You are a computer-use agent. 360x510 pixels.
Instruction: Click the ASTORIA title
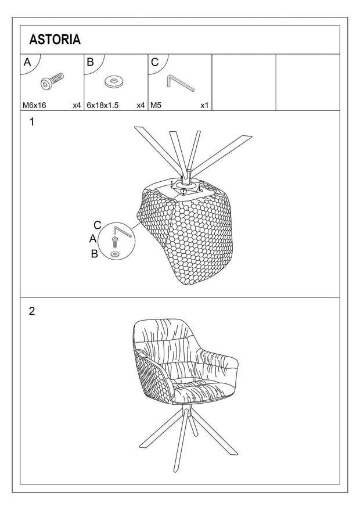pos(55,39)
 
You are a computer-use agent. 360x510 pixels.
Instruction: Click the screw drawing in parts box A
pos(52,81)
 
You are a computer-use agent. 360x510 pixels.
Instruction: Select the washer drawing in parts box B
pos(114,82)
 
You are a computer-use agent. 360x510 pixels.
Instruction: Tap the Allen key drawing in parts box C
pos(181,83)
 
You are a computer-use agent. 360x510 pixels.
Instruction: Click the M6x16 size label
pos(34,105)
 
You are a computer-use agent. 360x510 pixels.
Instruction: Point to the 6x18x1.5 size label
pos(103,105)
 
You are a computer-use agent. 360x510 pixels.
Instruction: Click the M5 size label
pos(156,105)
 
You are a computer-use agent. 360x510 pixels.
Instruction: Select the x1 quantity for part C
pos(204,105)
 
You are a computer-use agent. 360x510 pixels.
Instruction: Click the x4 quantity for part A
pos(77,105)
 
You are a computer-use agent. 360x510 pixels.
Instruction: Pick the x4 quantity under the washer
pos(141,105)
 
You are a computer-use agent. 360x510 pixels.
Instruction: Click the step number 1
pos(32,122)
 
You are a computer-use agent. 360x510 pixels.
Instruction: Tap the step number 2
pos(32,311)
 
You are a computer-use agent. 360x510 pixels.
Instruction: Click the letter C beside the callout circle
pos(97,225)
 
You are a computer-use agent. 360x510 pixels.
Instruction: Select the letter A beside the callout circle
pos(93,239)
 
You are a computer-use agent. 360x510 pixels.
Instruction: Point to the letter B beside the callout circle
pos(94,254)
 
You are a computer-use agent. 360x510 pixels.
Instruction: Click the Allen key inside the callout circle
pos(122,231)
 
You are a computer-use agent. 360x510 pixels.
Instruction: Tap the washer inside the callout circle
pos(114,254)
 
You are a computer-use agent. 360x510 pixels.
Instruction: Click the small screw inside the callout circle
pos(114,242)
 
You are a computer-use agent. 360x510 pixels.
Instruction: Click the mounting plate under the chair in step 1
pos(184,186)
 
